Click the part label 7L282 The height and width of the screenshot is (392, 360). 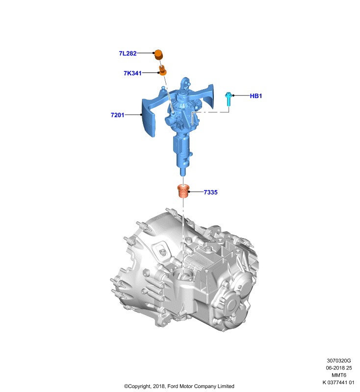tap(128, 53)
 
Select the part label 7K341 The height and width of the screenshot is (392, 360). tap(132, 73)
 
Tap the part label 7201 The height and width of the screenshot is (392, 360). tap(117, 115)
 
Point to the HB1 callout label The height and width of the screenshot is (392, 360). tap(256, 96)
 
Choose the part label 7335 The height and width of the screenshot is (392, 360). tap(210, 192)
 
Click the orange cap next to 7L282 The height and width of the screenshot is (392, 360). tap(158, 55)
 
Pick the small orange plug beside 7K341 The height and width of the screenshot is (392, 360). tap(163, 70)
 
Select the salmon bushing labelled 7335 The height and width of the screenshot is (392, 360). tap(183, 191)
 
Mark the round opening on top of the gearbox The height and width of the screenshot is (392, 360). tap(184, 274)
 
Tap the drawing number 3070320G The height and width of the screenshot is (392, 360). tap(339, 361)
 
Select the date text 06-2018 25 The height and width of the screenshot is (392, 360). tap(339, 368)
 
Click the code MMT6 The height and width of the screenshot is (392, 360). tap(339, 375)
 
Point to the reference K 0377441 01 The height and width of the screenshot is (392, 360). tap(338, 382)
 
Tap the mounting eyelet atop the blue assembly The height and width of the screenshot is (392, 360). tap(185, 83)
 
